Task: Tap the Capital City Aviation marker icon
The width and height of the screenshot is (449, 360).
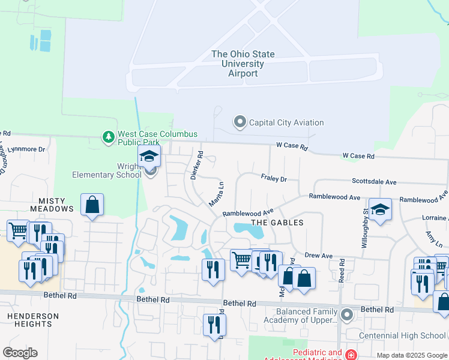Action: (240, 122)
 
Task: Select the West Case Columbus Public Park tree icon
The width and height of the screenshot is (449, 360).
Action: (109, 137)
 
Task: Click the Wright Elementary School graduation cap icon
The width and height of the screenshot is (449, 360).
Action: (149, 157)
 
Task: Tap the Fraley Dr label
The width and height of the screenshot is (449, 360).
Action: (274, 178)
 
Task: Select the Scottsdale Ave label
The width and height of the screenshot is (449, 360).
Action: (374, 181)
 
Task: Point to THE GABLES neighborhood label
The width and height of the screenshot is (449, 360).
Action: (277, 223)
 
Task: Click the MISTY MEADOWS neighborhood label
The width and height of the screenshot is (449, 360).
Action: (47, 205)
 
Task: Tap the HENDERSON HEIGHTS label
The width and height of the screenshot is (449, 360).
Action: (33, 320)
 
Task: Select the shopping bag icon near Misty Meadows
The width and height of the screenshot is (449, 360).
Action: (92, 205)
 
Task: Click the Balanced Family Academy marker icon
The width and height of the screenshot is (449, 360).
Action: (347, 314)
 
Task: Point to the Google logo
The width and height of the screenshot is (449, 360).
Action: (20, 353)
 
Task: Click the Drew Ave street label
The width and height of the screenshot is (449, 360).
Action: (319, 256)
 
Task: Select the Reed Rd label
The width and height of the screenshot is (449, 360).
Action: (341, 270)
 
